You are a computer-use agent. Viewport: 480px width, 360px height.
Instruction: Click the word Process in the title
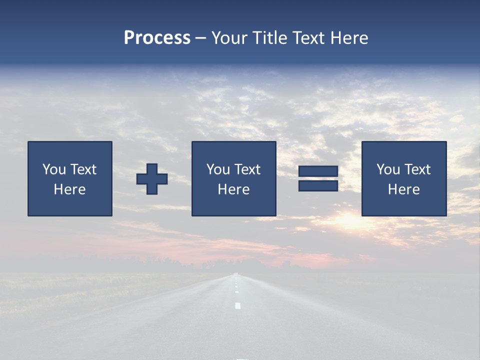pos(157,38)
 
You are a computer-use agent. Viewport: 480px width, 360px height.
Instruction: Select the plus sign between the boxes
pos(152,179)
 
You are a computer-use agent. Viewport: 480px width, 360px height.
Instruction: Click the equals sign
pos(318,179)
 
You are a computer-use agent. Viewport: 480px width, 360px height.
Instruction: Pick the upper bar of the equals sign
pos(318,171)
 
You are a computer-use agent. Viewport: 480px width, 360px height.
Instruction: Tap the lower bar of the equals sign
pos(318,186)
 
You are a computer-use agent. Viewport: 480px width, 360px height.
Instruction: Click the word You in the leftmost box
pos(54,169)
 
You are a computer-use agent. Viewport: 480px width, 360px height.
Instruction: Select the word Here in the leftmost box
pos(69,189)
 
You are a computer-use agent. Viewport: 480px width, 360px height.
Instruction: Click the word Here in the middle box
pos(233,189)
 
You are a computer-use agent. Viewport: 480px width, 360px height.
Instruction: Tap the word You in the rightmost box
pos(388,169)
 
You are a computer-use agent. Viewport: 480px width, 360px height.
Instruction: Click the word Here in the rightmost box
pos(403,189)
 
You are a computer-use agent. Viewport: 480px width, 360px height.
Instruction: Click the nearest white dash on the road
pos(238,305)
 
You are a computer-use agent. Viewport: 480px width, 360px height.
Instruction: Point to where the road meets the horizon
pos(236,273)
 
